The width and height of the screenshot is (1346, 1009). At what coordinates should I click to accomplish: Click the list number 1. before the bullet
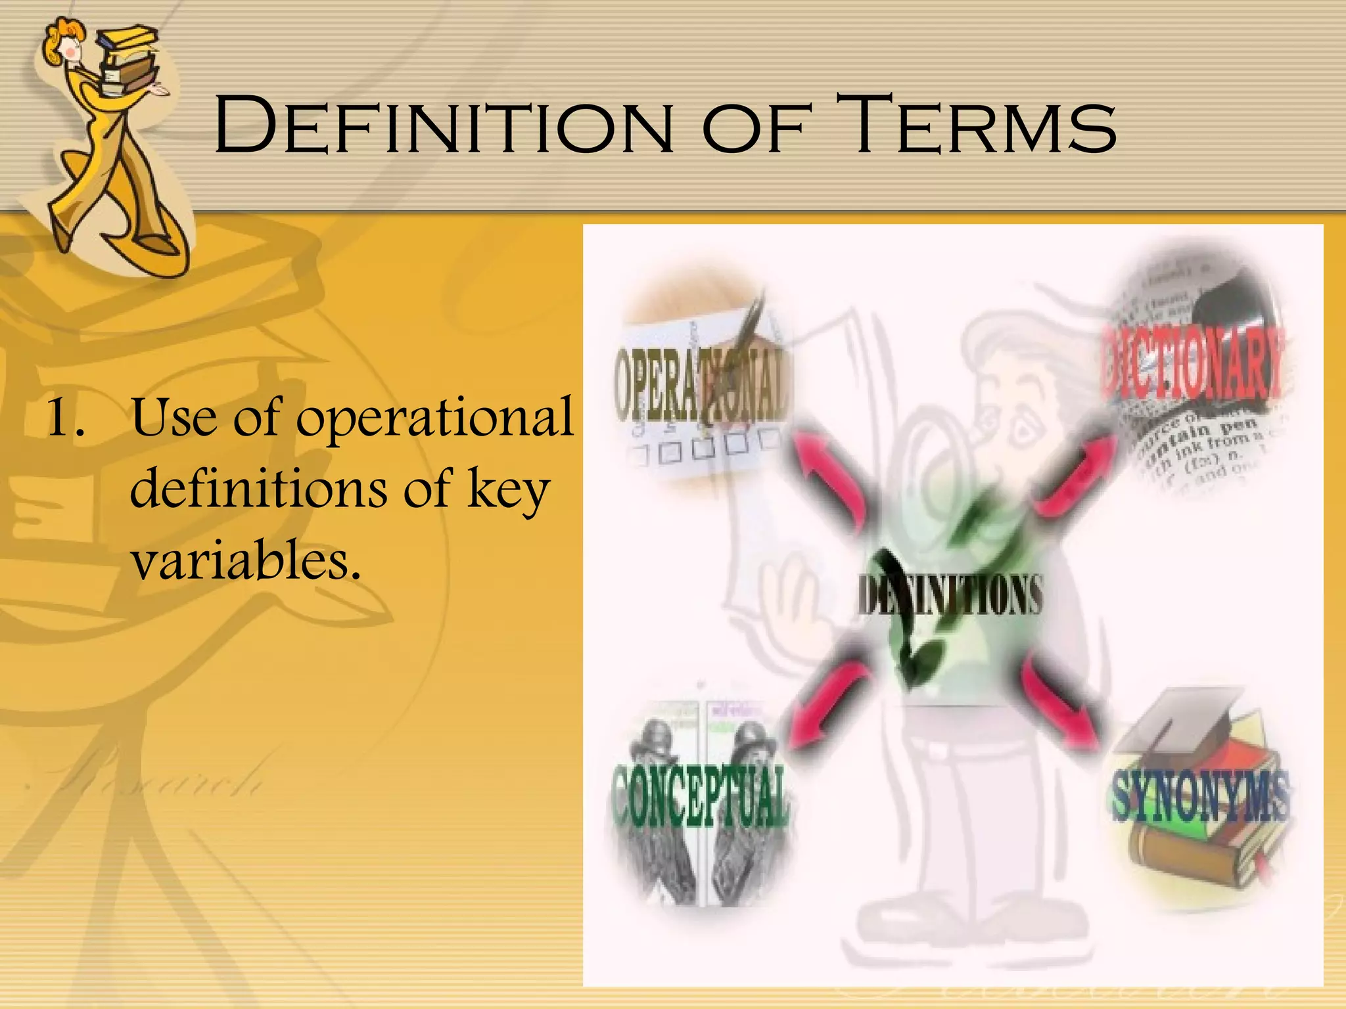coord(66,418)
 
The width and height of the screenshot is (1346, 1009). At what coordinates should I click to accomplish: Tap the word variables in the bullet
coord(246,562)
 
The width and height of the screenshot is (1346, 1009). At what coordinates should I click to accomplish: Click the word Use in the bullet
coord(174,418)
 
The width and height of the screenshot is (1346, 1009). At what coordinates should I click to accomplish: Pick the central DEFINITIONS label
coord(950,595)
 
